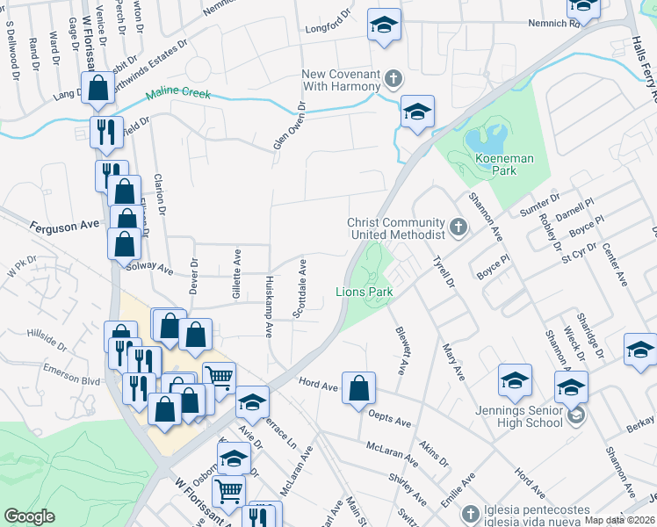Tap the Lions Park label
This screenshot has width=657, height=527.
(x=361, y=291)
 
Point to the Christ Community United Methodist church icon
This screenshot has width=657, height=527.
(x=457, y=228)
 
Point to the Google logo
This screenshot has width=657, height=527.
(x=29, y=516)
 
